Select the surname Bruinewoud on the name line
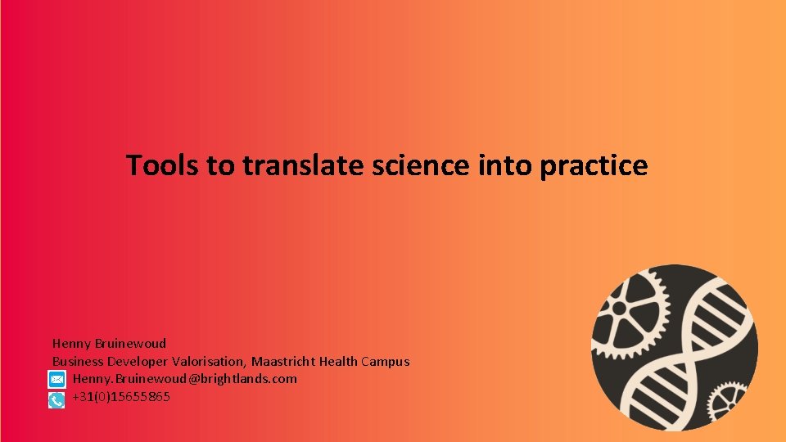point(129,344)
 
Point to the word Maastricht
point(283,362)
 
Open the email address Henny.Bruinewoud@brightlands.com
point(184,379)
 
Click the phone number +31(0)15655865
point(121,397)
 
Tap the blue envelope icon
point(56,380)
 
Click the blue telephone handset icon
point(56,399)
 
